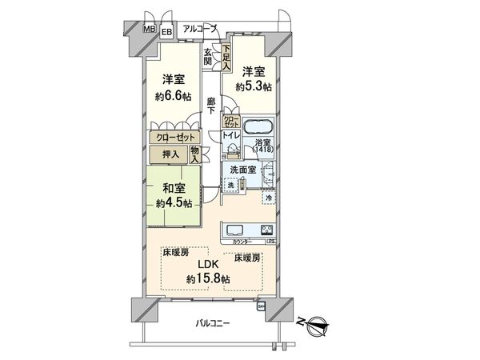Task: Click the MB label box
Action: click(x=150, y=30)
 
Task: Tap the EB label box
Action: click(x=166, y=32)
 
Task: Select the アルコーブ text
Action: click(x=200, y=29)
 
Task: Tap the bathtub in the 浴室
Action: click(x=258, y=128)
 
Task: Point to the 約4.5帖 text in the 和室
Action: click(x=174, y=202)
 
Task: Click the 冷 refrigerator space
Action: click(x=269, y=197)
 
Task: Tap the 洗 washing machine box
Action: click(x=230, y=186)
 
